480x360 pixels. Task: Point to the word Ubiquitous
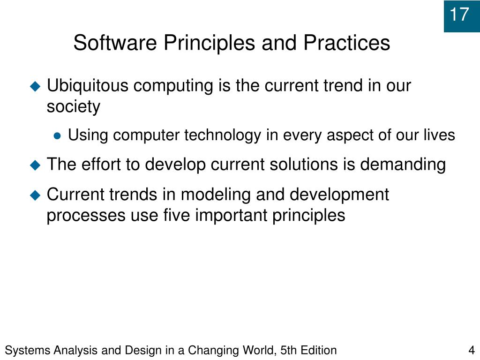point(88,86)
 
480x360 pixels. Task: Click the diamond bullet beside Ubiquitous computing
point(36,86)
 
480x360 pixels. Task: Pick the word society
point(73,107)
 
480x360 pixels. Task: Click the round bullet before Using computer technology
point(57,136)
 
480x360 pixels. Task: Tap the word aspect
point(347,135)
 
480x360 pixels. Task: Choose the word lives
point(438,135)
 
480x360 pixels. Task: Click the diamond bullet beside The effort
point(36,165)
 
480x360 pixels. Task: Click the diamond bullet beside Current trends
point(36,195)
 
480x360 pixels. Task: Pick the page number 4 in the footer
point(471,350)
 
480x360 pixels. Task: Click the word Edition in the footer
point(319,350)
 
